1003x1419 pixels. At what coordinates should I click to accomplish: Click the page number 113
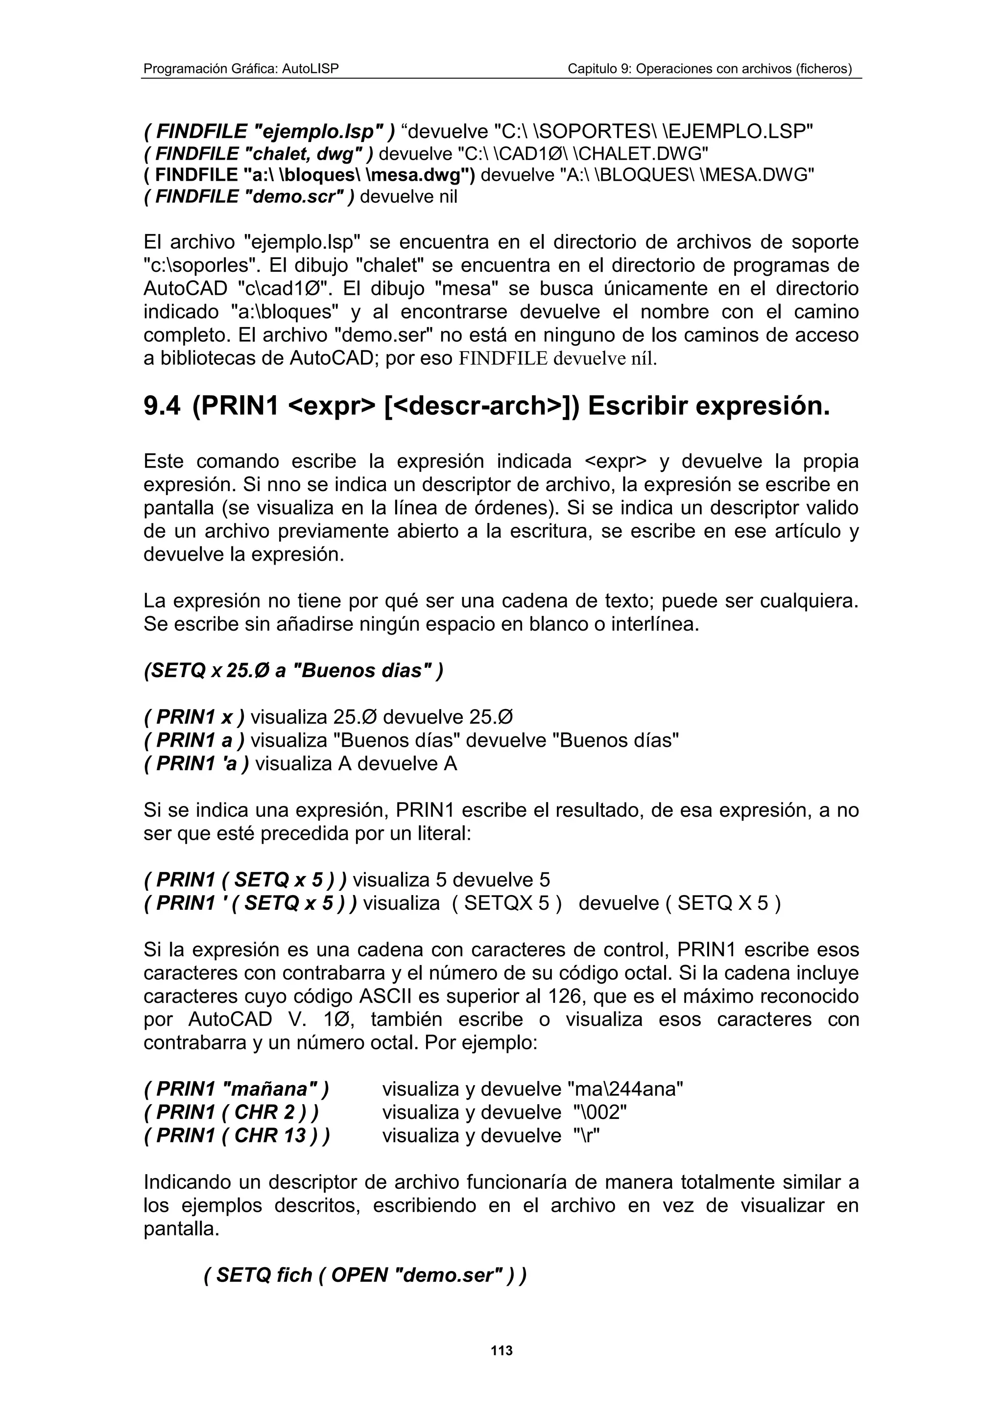tap(501, 1350)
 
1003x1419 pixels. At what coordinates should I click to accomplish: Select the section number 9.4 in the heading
tap(162, 406)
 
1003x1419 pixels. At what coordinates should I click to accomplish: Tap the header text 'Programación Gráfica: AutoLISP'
tap(241, 69)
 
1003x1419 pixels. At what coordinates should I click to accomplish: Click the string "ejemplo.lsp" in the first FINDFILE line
tap(316, 132)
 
